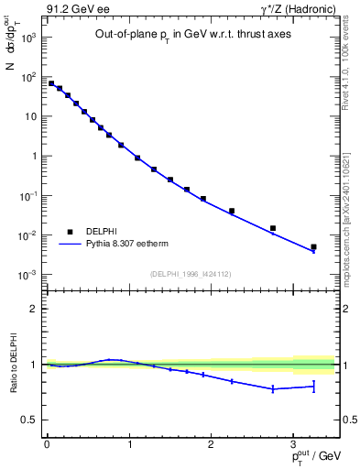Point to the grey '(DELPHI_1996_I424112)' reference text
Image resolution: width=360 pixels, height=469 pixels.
coord(190,272)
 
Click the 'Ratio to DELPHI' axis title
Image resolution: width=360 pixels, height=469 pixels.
coord(14,364)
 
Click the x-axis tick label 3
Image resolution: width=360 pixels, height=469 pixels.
coord(293,443)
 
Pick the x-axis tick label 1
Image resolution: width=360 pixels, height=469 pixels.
coord(128,443)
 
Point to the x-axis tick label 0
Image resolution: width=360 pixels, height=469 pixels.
coord(46,443)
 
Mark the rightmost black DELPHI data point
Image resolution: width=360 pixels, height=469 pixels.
coord(313,246)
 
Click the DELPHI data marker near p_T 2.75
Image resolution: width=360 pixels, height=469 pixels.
coord(273,228)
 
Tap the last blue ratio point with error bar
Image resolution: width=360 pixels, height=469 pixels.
coord(313,387)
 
